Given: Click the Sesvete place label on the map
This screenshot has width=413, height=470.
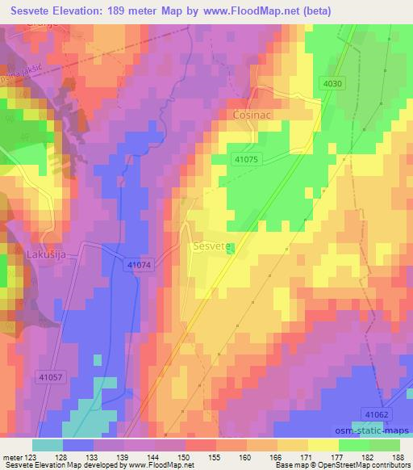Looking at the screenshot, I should click(212, 244).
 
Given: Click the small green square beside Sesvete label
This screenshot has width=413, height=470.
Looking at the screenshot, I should click(232, 249).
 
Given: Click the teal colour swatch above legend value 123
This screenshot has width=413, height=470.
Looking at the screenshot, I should click(48, 445).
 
